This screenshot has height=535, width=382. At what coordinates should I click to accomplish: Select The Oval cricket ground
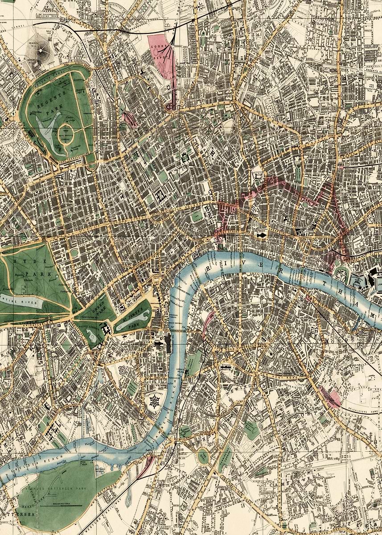[203, 456]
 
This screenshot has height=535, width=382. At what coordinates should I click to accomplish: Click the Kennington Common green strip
[225, 457]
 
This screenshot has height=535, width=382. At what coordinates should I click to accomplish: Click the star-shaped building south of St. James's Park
[155, 401]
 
